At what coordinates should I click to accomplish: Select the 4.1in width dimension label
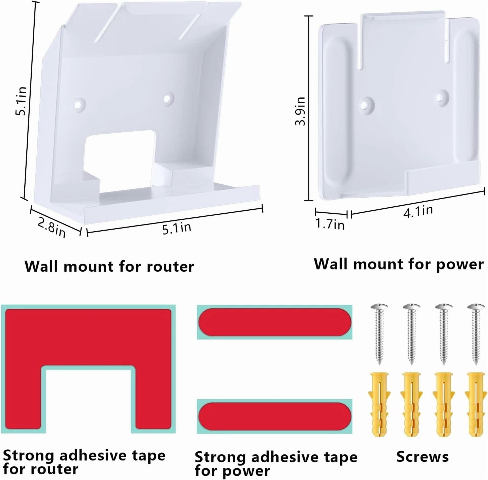(x=418, y=212)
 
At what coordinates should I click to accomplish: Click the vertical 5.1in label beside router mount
(x=21, y=101)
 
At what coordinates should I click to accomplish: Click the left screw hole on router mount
(x=80, y=104)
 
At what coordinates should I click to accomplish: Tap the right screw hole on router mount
(x=167, y=98)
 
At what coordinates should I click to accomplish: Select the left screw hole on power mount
(x=366, y=104)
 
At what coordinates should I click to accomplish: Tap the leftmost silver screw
(x=379, y=334)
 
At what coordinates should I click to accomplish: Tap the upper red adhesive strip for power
(x=275, y=322)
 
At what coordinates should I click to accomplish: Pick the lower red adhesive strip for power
(x=275, y=416)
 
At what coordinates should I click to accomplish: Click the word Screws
(x=422, y=457)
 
